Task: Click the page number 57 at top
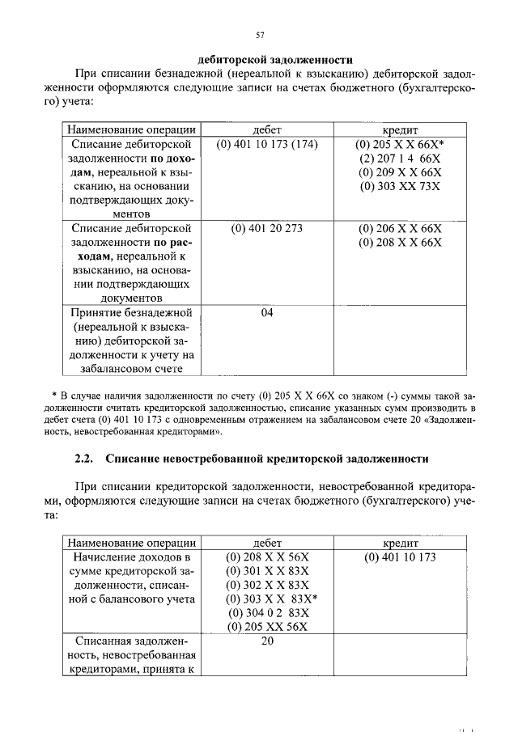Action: click(x=260, y=34)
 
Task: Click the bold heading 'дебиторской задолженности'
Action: click(x=275, y=59)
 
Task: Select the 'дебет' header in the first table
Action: click(x=267, y=129)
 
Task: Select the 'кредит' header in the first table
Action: click(x=400, y=129)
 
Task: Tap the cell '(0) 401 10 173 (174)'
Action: click(x=267, y=144)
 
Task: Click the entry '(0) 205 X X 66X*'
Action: click(x=400, y=144)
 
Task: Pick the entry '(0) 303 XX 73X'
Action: click(x=400, y=187)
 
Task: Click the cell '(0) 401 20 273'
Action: click(x=267, y=228)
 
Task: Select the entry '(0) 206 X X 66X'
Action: click(x=400, y=228)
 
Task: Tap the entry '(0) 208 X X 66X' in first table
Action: click(x=400, y=243)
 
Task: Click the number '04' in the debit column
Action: click(x=267, y=313)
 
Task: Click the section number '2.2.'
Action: click(x=84, y=458)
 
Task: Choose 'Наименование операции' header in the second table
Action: click(x=131, y=543)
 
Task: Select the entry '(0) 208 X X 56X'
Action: click(x=267, y=557)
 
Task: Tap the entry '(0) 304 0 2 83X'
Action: click(x=268, y=612)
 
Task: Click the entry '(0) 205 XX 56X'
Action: click(x=268, y=626)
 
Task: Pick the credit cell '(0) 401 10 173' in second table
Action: click(x=400, y=557)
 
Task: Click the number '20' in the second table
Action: click(x=267, y=641)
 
